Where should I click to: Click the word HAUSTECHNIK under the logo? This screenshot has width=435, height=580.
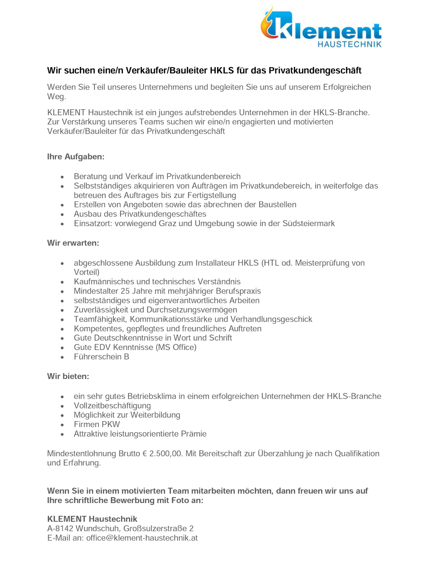(x=349, y=44)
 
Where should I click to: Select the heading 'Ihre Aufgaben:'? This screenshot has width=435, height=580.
(x=76, y=157)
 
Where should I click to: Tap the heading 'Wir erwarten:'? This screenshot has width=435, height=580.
(x=73, y=243)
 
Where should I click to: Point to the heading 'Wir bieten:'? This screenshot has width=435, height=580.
(x=68, y=376)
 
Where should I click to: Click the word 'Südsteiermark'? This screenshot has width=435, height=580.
(x=308, y=223)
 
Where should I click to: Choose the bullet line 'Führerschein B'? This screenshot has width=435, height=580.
(x=101, y=357)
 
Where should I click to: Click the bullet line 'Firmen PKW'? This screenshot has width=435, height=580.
(x=97, y=424)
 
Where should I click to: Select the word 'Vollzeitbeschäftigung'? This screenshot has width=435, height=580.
(x=112, y=406)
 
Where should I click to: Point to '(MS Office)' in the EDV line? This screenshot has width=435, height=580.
(x=176, y=347)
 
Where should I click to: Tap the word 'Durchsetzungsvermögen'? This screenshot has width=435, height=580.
(x=192, y=310)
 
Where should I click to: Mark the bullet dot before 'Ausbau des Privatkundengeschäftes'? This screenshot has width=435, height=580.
(x=62, y=214)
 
